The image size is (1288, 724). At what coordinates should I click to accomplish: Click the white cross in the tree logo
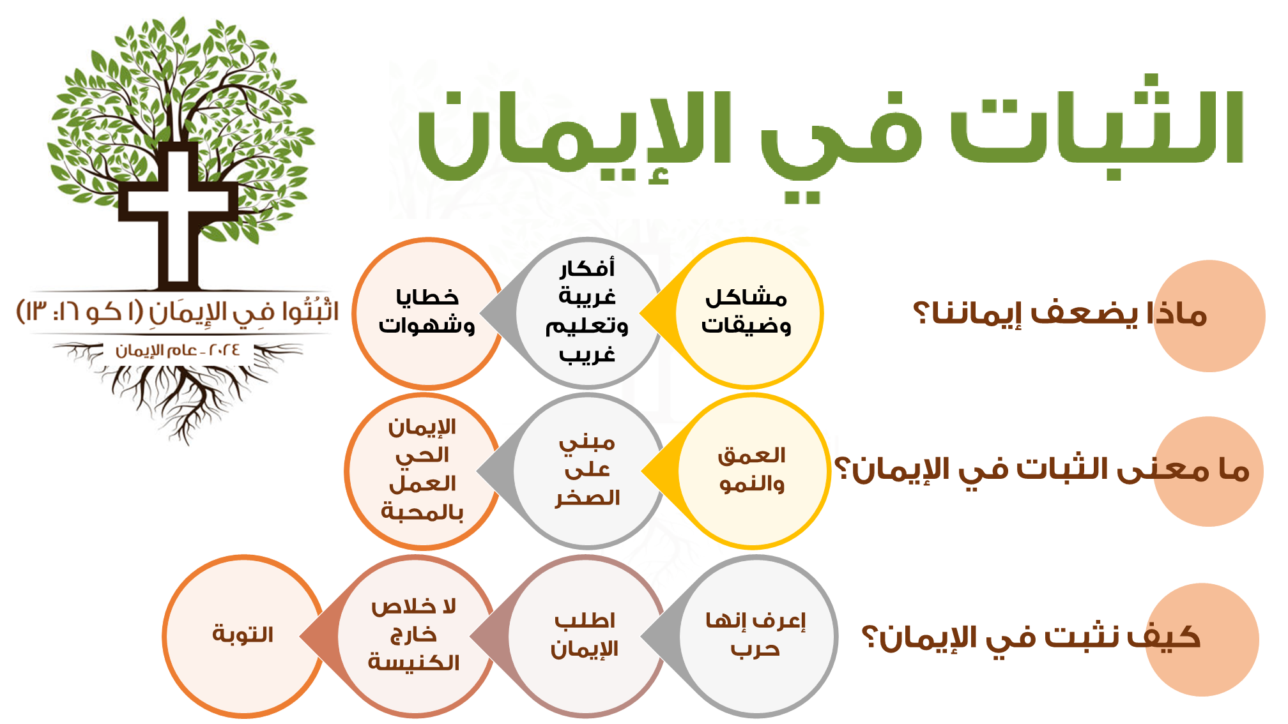178,211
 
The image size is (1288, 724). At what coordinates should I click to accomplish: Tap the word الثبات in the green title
1096,128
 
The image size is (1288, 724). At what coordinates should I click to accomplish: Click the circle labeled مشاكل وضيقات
747,313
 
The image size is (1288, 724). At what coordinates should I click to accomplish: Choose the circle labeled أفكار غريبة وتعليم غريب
587,313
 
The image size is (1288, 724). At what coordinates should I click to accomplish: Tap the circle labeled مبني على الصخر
588,471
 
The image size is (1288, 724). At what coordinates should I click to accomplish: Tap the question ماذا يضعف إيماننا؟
1060,313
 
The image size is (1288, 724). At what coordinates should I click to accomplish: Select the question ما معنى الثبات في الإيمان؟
1042,470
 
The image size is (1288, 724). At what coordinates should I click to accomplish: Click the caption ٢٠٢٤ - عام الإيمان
178,351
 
